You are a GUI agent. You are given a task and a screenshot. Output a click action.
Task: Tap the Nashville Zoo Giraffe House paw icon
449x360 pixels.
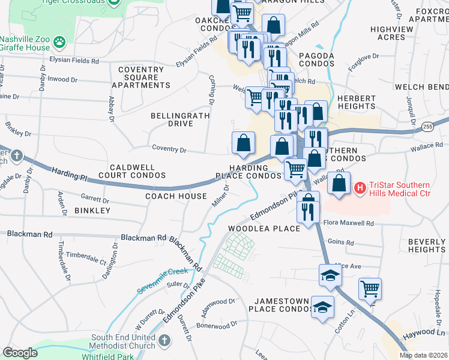pyautogui.click(x=59, y=42)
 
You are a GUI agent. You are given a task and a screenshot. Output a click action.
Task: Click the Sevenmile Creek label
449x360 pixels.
pyautogui.click(x=161, y=280)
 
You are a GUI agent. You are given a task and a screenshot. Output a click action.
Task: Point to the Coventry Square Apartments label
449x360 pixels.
pyautogui.click(x=141, y=77)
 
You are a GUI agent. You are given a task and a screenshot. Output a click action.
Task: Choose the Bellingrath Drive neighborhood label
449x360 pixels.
pyautogui.click(x=172, y=119)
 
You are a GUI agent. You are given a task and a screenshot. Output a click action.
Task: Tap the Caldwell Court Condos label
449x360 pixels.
pyautogui.click(x=131, y=171)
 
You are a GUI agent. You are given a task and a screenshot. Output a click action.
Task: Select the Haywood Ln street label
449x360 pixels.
pyautogui.click(x=424, y=332)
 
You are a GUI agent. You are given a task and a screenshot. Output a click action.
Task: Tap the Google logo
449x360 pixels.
pyautogui.click(x=20, y=353)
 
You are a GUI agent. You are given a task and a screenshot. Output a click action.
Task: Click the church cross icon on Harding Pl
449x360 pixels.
pyautogui.click(x=16, y=156)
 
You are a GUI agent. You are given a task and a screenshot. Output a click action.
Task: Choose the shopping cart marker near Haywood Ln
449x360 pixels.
pyautogui.click(x=370, y=289)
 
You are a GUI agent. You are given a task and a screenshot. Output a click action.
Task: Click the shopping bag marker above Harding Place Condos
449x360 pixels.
pyautogui.click(x=243, y=143)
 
